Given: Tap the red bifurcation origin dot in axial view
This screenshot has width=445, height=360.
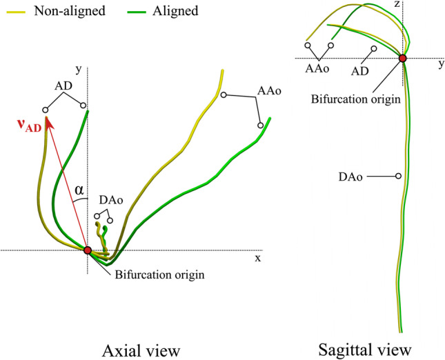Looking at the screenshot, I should [x=88, y=250].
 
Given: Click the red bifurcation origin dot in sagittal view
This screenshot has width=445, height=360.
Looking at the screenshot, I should [x=403, y=59].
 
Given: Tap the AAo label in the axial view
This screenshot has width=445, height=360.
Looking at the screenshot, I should [x=269, y=90].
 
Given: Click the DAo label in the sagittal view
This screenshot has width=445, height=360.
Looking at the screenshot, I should [x=353, y=177].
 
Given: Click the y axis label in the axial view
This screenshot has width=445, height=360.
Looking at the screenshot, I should [x=79, y=69].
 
